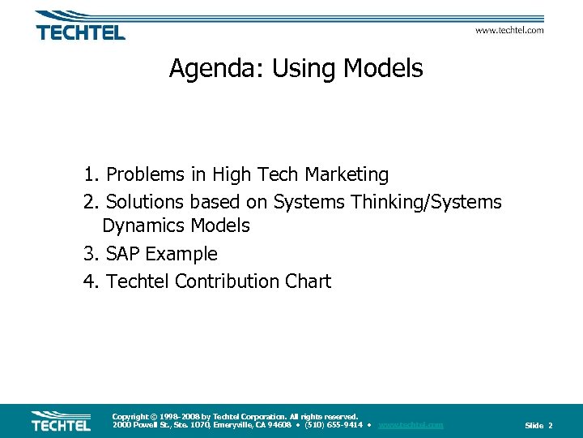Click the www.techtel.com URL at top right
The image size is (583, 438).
509,30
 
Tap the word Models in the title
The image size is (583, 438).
383,69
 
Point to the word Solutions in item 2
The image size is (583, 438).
145,201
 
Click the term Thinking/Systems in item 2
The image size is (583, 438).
427,201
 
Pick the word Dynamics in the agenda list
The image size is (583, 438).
142,225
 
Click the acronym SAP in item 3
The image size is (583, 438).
123,254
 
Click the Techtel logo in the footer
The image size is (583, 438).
61,421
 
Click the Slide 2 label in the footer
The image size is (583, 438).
538,426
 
